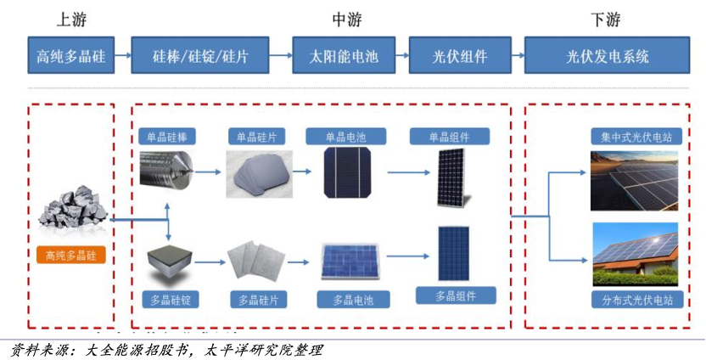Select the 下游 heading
tap(605, 19)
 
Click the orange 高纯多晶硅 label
tap(73, 254)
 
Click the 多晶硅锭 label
tap(168, 300)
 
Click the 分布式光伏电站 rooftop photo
tap(635, 254)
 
